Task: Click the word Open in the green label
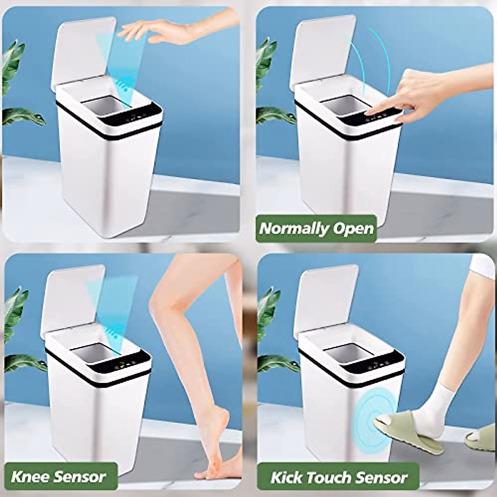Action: click(354, 229)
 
